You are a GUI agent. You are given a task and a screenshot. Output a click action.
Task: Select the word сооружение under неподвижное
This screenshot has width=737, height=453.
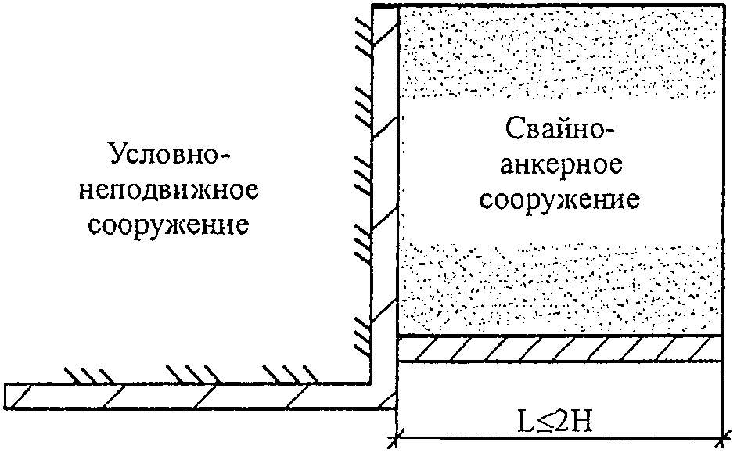coord(169,226)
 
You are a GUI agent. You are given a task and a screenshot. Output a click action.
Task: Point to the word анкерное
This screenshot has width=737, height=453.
coord(560,164)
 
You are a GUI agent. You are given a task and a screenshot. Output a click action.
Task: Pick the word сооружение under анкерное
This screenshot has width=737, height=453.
coord(560,200)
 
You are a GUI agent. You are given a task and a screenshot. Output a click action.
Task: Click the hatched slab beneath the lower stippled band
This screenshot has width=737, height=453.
coord(560,348)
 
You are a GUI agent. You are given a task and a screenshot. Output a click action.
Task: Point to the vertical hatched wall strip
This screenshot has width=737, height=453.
coord(384,196)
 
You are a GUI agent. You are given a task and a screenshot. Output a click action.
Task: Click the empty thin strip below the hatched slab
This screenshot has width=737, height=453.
coord(560,372)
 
